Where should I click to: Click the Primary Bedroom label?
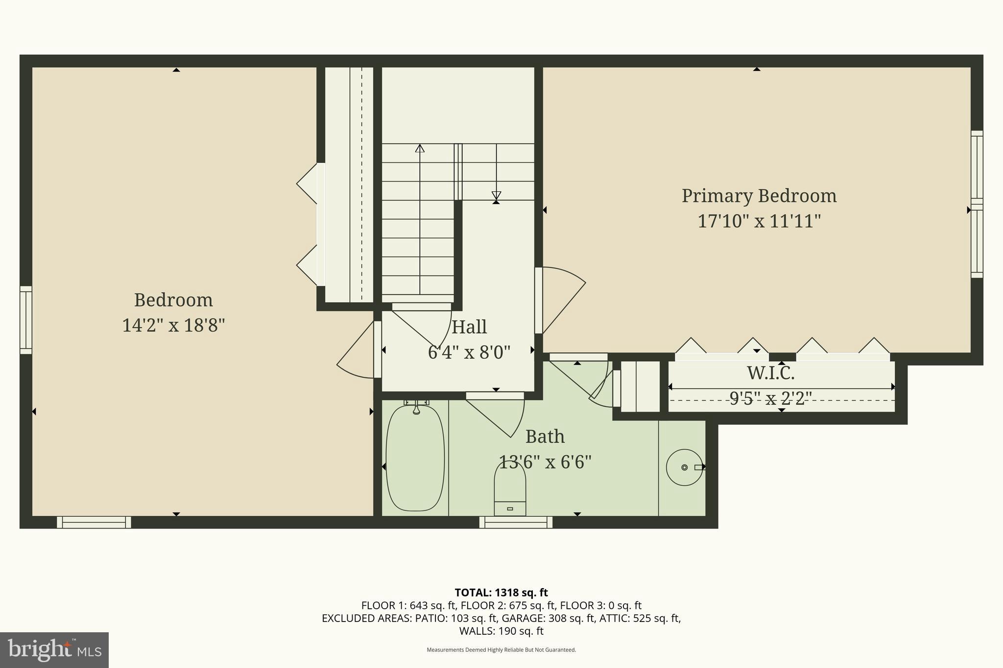[759, 196]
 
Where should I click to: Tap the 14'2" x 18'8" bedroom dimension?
[173, 325]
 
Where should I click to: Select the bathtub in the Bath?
[415, 458]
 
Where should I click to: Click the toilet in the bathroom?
[510, 489]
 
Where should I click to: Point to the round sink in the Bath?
[684, 467]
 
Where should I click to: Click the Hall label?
[469, 327]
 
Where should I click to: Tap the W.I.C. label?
[770, 373]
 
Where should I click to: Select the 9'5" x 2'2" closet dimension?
[770, 398]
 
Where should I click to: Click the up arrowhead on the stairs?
[420, 148]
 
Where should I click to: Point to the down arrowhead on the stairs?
[496, 195]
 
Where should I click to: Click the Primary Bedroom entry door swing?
[561, 299]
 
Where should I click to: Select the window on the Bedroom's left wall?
[25, 320]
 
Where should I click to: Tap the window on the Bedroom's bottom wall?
[94, 522]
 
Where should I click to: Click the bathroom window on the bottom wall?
[516, 522]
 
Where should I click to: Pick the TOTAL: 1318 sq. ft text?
[501, 593]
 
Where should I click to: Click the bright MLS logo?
[54, 650]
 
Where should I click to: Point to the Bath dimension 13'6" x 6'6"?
[545, 462]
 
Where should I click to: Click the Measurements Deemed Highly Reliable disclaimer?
[501, 650]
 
